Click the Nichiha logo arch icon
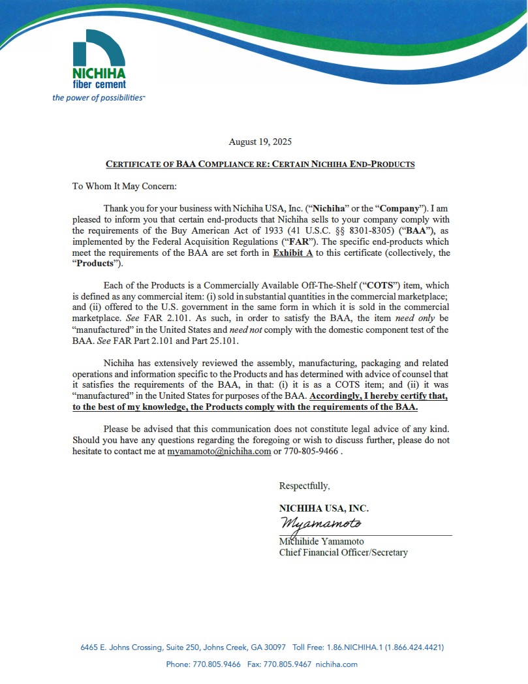pyautogui.click(x=99, y=47)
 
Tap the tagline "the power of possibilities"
pyautogui.click(x=99, y=97)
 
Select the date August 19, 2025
pyautogui.click(x=260, y=142)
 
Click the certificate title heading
pyautogui.click(x=260, y=164)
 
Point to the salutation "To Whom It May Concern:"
pyautogui.click(x=124, y=186)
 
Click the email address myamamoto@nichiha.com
pyautogui.click(x=219, y=451)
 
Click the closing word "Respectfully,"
pyautogui.click(x=304, y=486)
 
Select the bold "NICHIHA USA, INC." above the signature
pyautogui.click(x=324, y=508)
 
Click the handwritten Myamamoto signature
pyautogui.click(x=320, y=523)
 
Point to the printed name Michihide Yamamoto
pyautogui.click(x=321, y=542)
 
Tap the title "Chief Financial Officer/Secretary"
pyautogui.click(x=343, y=553)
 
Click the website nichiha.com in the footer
pyautogui.click(x=336, y=664)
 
